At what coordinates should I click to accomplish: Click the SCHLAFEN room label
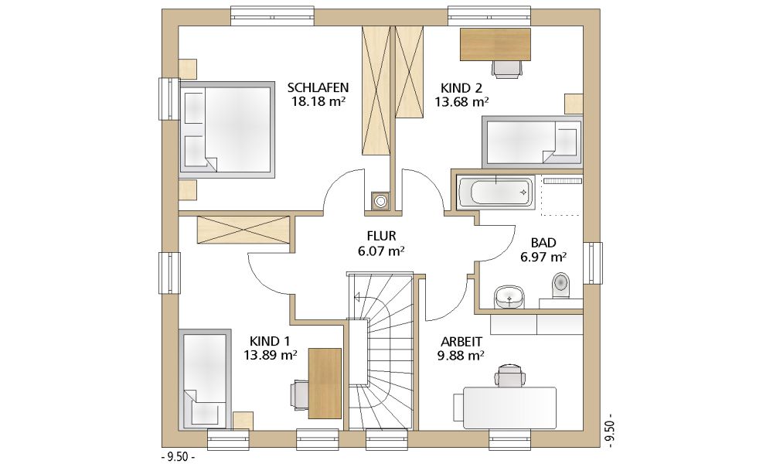point(318,87)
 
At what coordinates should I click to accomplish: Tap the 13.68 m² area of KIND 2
point(461,102)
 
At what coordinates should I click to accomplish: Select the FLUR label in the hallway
point(381,236)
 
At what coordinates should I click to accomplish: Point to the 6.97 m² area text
point(543,257)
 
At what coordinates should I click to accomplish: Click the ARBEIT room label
point(461,342)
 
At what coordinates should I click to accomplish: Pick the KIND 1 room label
point(270,341)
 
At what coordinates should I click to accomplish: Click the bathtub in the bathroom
point(495,191)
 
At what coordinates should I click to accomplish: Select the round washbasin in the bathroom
point(509,296)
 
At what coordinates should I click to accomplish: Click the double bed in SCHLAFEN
point(226,129)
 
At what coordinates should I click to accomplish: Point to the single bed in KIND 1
point(205,379)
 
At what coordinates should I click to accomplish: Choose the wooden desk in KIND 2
point(495,44)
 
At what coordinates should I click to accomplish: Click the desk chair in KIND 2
point(507,69)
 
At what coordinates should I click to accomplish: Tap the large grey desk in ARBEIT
point(509,408)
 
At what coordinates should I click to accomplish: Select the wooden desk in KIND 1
point(325,383)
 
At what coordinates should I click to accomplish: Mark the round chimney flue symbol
point(380,201)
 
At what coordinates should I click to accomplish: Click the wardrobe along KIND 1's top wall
point(243,229)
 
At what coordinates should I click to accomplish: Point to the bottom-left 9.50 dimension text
point(178,457)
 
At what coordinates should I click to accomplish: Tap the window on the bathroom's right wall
point(593,263)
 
